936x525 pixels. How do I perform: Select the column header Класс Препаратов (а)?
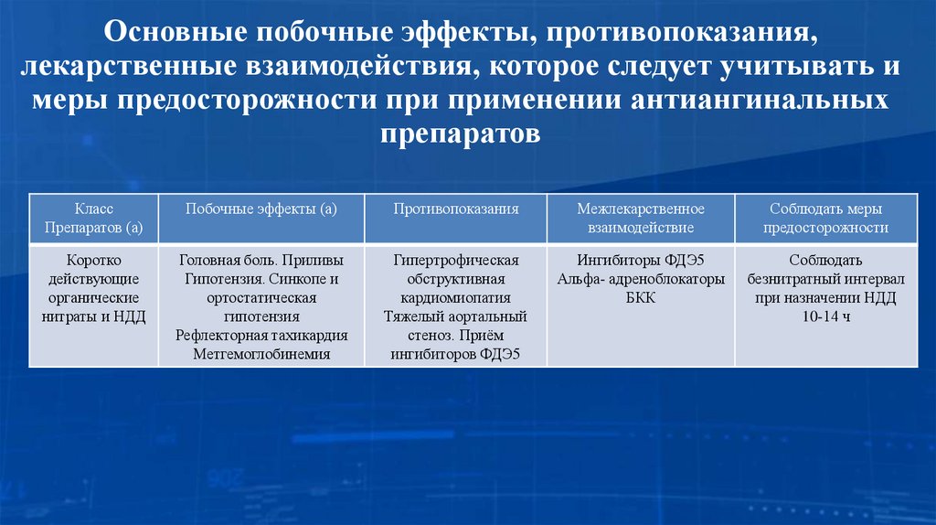click(93, 219)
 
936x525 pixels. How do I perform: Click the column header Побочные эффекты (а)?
click(261, 209)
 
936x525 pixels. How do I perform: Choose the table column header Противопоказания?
click(456, 209)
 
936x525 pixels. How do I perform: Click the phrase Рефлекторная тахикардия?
click(261, 336)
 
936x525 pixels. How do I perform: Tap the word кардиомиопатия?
click(456, 298)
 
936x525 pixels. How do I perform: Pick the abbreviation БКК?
click(640, 298)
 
